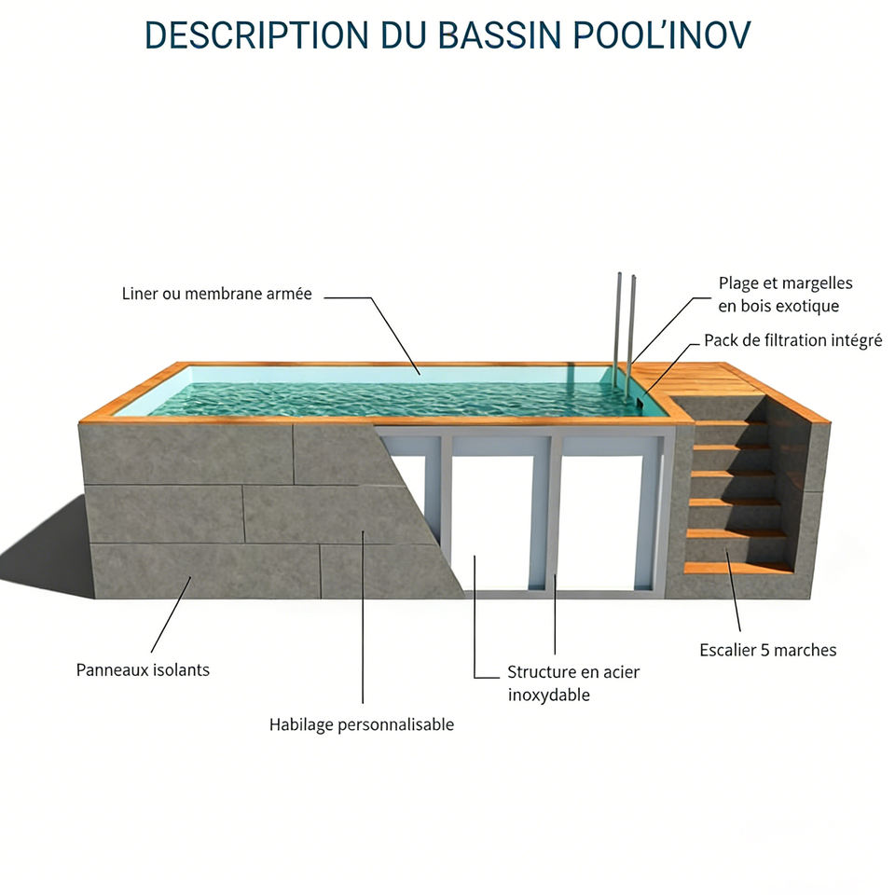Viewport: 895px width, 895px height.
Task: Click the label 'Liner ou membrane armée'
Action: click(x=216, y=294)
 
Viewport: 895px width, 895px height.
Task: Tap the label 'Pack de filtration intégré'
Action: click(x=792, y=340)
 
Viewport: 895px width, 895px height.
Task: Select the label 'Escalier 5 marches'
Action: click(x=767, y=650)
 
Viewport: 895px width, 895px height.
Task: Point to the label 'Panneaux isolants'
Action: click(x=143, y=669)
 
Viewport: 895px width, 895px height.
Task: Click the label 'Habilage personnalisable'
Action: click(x=361, y=724)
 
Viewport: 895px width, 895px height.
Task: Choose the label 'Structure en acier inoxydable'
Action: click(x=573, y=683)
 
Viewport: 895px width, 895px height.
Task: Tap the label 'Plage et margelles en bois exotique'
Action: click(x=785, y=294)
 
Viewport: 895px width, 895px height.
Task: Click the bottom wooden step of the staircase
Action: click(x=737, y=567)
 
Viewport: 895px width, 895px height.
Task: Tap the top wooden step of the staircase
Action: click(x=731, y=422)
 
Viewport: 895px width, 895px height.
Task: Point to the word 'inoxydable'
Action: click(x=548, y=695)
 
